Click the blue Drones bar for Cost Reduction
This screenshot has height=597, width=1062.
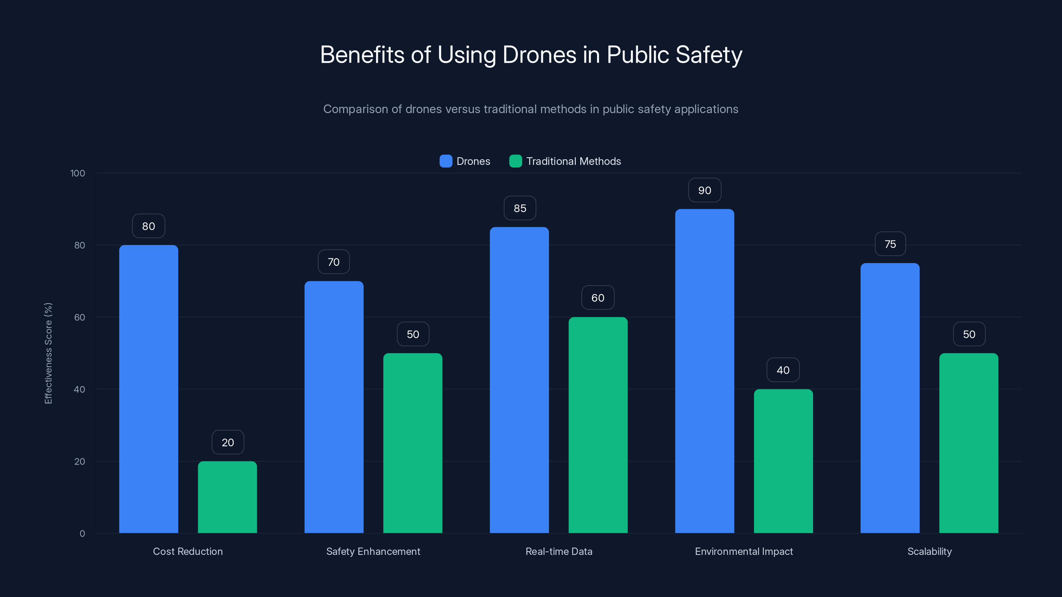[148, 389]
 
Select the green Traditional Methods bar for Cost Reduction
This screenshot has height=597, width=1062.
[227, 497]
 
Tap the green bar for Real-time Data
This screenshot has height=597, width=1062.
[598, 425]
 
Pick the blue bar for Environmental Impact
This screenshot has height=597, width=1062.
[705, 371]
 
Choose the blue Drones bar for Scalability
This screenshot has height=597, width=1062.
[890, 398]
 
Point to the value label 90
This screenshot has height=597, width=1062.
[705, 190]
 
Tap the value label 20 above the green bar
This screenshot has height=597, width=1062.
[228, 442]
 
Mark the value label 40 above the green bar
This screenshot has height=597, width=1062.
[783, 370]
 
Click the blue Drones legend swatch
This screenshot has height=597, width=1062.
[446, 161]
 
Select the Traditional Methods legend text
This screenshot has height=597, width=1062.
[573, 161]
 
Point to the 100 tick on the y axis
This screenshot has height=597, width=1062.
[78, 173]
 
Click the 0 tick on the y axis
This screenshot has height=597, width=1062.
[82, 534]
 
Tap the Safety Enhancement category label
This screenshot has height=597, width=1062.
[373, 551]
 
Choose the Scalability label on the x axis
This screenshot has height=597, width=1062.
[929, 551]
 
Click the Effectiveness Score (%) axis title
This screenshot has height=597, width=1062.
[48, 353]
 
